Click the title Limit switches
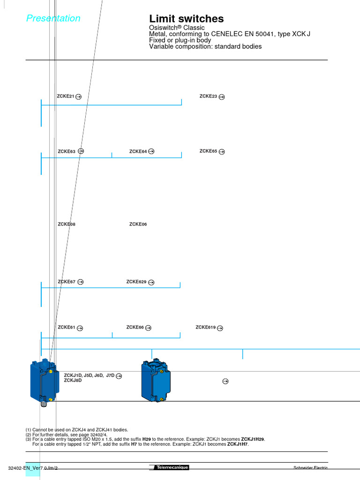[186, 19]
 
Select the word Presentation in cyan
[53, 18]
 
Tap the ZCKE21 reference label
[66, 96]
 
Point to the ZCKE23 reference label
[208, 96]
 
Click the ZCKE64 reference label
[138, 151]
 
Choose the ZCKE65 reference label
[208, 151]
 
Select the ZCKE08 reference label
[67, 224]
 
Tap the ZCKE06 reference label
[138, 224]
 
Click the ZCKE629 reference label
[136, 282]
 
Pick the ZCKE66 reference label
[135, 327]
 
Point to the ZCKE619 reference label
[205, 327]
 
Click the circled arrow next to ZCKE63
[81, 151]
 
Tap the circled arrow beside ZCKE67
[81, 282]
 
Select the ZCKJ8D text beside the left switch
[73, 380]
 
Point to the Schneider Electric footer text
[310, 468]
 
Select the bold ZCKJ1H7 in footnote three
[238, 444]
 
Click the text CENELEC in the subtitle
[225, 34]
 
